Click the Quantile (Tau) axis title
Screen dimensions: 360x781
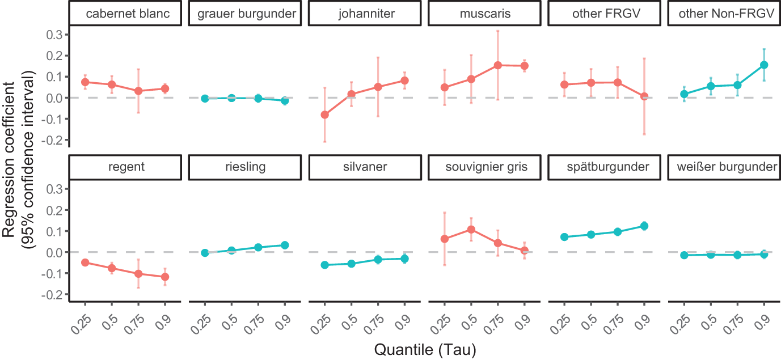click(x=424, y=350)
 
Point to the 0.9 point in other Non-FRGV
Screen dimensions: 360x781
click(x=763, y=65)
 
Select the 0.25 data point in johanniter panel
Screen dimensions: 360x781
click(x=325, y=115)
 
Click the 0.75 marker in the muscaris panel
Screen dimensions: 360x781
click(x=497, y=65)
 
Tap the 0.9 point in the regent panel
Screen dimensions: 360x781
click(x=165, y=277)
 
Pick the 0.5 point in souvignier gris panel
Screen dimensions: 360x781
click(x=471, y=230)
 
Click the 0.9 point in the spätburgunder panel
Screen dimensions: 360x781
click(x=644, y=226)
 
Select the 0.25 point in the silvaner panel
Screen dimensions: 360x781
click(x=325, y=265)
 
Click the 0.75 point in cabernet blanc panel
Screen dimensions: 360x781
click(x=138, y=91)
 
